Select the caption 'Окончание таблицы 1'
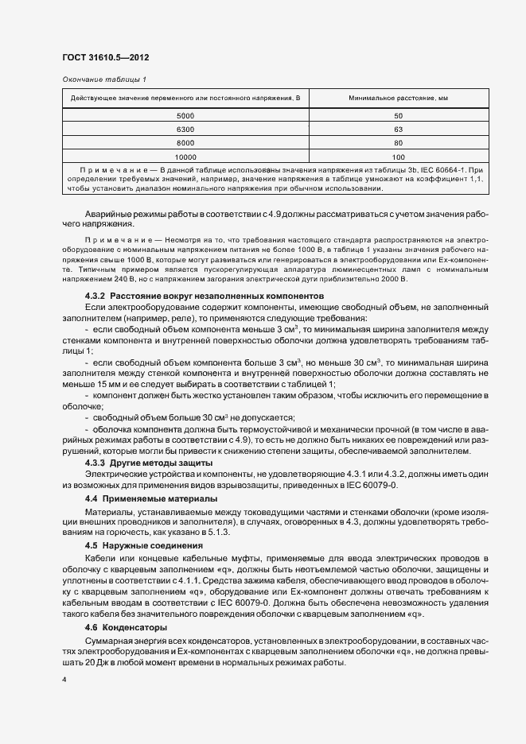103,79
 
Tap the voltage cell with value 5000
185,116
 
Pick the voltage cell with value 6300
185,129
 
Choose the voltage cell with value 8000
185,142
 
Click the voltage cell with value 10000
185,156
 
